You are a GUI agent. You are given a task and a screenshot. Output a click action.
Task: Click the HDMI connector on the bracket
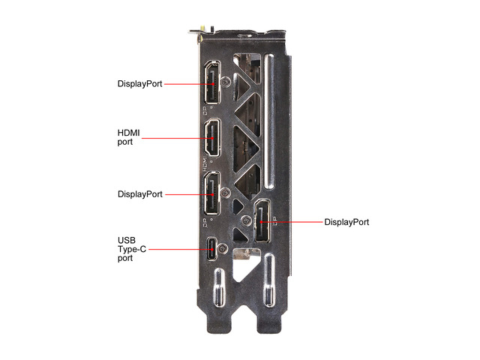[x=212, y=138]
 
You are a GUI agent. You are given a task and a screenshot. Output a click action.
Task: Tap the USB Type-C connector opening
[x=211, y=249]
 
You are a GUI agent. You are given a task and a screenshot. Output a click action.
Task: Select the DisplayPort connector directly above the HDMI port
[x=212, y=82]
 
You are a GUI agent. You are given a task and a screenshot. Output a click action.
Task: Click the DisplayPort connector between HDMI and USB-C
[x=212, y=193]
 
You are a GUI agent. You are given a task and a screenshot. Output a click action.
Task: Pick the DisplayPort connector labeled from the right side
[x=262, y=221]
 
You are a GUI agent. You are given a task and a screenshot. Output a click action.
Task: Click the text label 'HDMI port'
[x=128, y=137]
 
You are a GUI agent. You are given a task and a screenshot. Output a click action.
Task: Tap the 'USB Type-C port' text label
[x=132, y=249]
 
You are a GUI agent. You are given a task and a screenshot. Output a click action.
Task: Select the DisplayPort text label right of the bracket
[x=346, y=222]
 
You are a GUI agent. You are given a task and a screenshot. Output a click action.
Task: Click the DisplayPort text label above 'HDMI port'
[x=140, y=83]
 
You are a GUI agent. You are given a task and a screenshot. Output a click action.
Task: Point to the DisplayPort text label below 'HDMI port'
[x=140, y=194]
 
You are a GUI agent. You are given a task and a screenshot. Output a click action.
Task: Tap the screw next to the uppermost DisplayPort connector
[x=226, y=82]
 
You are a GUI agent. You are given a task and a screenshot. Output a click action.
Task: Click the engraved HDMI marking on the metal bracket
[x=205, y=163]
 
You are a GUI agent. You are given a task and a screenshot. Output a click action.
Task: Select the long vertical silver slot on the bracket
[x=268, y=121]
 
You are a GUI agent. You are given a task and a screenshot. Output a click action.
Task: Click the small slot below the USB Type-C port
[x=219, y=288]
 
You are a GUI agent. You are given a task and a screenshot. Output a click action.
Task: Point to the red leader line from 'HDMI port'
[x=178, y=138]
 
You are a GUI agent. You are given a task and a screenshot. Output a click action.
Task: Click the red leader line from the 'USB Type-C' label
[x=181, y=249]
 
